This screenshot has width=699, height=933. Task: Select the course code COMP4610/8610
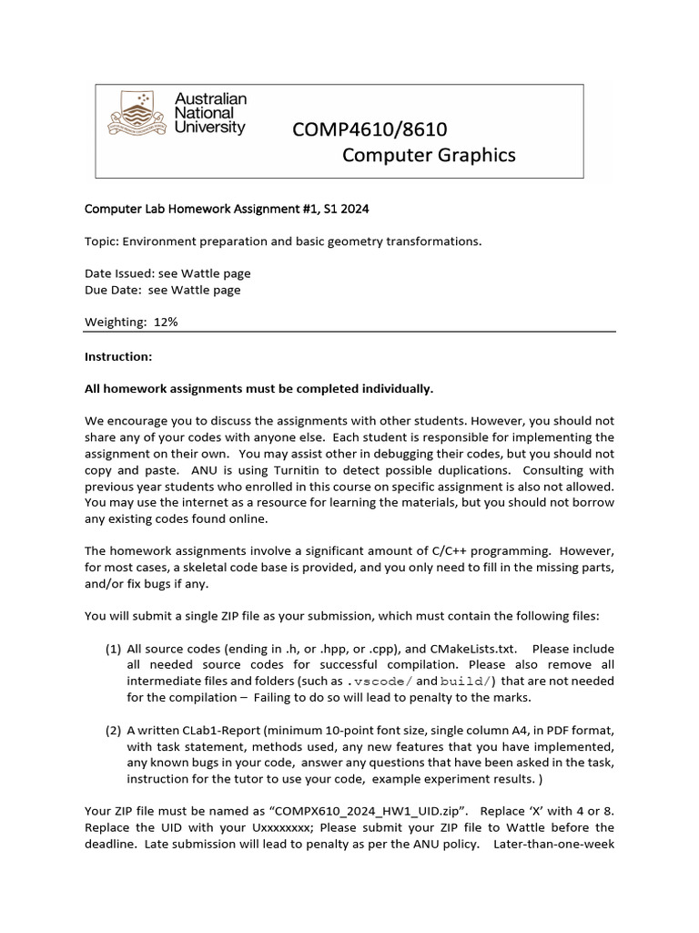click(x=370, y=130)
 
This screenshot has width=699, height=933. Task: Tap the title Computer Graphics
click(x=428, y=155)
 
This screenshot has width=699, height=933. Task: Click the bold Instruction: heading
click(x=118, y=356)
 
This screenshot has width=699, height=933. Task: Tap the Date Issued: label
click(x=116, y=273)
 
